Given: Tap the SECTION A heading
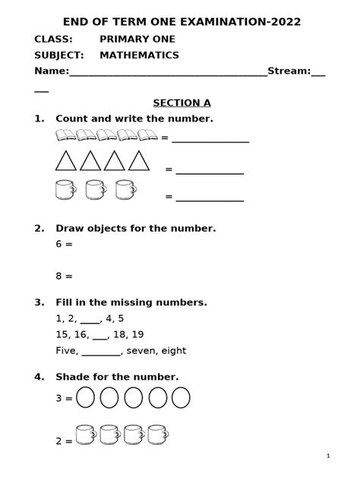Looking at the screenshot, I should click(x=182, y=103).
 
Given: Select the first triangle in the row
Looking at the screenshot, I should click(x=66, y=160).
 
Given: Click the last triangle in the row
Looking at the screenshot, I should click(x=138, y=160).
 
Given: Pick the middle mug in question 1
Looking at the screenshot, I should click(x=96, y=189).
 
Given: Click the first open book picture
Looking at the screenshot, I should click(x=66, y=135).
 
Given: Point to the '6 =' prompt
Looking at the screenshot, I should click(x=64, y=244).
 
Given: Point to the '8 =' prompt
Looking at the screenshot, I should click(x=64, y=276).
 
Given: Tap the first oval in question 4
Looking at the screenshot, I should click(x=86, y=397).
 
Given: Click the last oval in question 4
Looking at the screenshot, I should click(x=181, y=397).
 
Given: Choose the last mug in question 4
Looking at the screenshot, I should click(x=158, y=434).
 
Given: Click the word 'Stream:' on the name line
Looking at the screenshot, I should click(x=289, y=71).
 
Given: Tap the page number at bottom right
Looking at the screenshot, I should click(x=328, y=456).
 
